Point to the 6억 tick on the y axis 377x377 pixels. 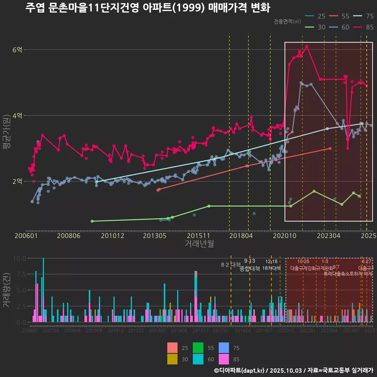(18, 49)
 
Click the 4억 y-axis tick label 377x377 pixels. (18, 115)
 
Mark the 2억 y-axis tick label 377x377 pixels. (18, 181)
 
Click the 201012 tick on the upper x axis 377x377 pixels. (112, 236)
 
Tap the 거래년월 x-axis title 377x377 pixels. (199, 243)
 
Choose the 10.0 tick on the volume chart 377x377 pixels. (19, 258)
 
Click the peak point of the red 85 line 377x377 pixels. (307, 46)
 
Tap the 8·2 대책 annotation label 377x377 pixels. (231, 265)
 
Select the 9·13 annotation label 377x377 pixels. (249, 261)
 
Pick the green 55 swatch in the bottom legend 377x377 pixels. (199, 348)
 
